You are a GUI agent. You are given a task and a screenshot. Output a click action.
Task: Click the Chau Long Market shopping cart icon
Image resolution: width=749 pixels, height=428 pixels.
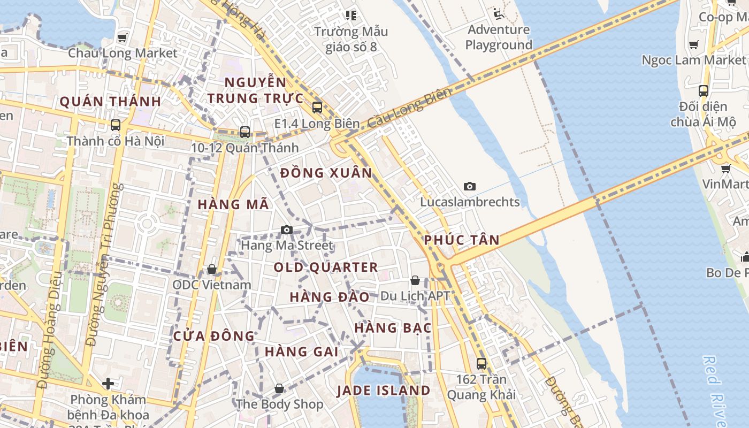pos(123,37)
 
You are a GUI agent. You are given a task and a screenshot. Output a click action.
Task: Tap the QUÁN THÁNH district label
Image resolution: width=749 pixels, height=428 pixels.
pos(110,102)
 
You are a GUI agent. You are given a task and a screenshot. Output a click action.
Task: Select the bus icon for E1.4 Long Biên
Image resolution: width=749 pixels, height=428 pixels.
pos(317,108)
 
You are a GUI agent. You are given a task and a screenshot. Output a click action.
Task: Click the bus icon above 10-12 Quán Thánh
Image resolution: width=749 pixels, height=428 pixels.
pos(245,132)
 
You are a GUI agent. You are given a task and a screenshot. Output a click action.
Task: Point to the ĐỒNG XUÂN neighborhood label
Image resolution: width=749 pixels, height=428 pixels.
pos(326,173)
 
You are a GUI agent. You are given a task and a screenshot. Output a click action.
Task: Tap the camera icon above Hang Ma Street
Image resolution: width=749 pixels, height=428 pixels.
pos(287,230)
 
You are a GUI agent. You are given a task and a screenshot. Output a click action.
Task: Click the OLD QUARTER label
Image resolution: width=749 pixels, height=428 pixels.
pos(326,267)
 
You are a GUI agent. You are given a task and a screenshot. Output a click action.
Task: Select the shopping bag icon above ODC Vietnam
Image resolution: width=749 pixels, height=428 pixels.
pos(212,269)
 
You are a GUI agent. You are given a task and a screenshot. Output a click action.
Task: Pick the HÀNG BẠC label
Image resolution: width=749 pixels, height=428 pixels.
pos(393,328)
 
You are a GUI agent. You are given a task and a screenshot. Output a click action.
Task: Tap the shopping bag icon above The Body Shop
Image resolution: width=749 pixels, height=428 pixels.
pos(279,388)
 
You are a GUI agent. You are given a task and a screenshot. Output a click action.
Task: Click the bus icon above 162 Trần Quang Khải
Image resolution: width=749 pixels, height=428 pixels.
pos(481,364)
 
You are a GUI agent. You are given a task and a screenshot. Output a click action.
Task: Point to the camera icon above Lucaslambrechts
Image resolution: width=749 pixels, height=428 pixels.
pos(470,186)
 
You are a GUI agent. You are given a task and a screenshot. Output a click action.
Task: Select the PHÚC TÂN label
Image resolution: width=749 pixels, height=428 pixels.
pos(462,240)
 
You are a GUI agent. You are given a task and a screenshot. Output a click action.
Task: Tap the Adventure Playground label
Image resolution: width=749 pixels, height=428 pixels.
pos(499,37)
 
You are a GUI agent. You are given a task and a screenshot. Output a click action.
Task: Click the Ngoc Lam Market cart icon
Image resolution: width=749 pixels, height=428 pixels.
pos(694,45)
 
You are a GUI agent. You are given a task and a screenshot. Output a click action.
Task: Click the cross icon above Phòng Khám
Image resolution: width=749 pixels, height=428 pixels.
pos(108,384)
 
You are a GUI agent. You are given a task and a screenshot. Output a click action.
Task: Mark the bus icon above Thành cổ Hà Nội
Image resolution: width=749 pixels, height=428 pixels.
pos(116,125)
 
